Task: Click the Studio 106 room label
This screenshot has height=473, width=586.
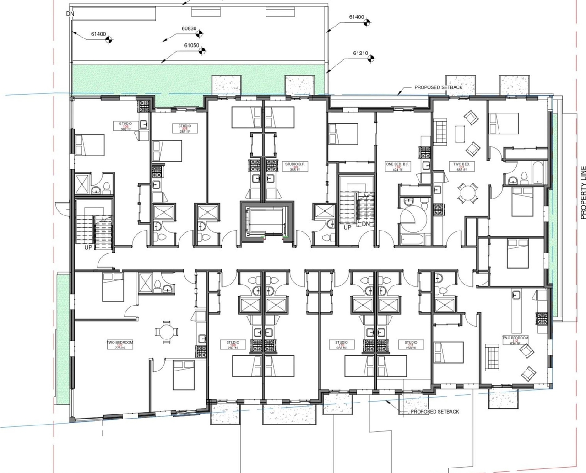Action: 125,126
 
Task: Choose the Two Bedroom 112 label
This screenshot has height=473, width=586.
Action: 515,340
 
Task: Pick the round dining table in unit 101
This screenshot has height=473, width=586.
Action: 467,192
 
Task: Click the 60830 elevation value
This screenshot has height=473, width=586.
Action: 189,28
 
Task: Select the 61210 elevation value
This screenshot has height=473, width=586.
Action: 360,53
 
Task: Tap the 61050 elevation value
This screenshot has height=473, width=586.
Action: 192,45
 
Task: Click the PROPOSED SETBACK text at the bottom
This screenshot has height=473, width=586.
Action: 434,412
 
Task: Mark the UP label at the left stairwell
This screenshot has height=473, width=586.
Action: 89,247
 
